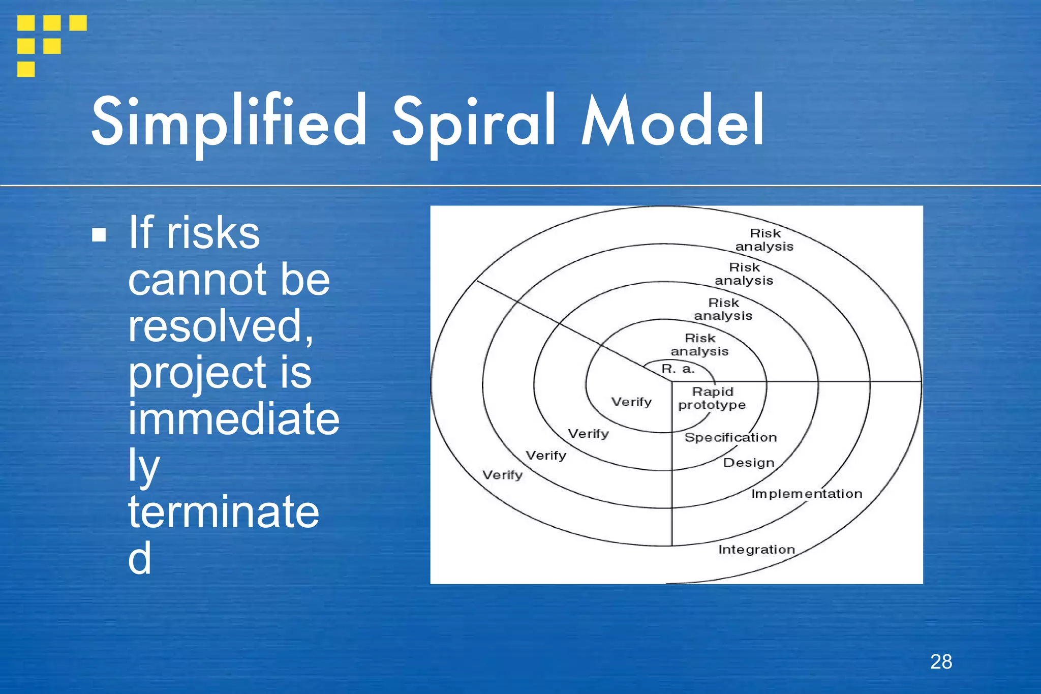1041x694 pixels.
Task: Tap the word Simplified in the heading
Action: click(229, 122)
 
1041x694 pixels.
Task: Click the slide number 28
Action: click(941, 662)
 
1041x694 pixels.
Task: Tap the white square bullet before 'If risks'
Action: click(99, 234)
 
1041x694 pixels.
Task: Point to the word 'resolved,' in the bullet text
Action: click(220, 326)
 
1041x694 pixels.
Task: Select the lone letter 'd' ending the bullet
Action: click(139, 558)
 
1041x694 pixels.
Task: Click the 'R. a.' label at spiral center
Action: click(678, 369)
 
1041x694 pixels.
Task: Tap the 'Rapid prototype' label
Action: click(712, 399)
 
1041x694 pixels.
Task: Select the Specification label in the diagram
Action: click(730, 438)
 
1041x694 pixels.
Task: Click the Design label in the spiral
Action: click(748, 463)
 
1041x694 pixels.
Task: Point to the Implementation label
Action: click(806, 494)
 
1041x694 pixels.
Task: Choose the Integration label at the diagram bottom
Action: click(756, 550)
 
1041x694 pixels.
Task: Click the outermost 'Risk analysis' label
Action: click(764, 240)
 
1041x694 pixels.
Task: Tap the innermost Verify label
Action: click(631, 402)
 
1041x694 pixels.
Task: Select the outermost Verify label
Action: click(502, 475)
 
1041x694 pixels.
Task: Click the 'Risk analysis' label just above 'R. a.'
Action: click(699, 345)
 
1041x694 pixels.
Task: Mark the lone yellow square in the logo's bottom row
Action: click(26, 69)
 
